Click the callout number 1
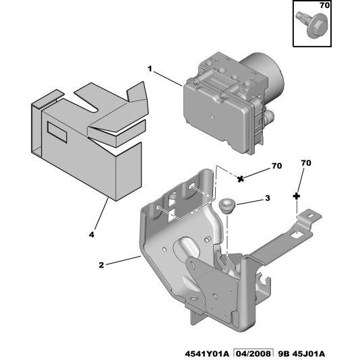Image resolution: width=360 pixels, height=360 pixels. (150, 69)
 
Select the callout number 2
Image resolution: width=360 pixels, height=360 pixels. (101, 265)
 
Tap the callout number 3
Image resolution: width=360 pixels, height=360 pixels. (268, 198)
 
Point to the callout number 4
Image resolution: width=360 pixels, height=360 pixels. (92, 235)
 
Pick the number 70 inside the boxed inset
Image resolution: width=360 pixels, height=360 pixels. (325, 5)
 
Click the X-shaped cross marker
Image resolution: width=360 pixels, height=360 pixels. (240, 179)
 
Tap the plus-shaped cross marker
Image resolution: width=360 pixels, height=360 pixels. (297, 196)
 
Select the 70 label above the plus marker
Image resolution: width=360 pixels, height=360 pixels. (306, 163)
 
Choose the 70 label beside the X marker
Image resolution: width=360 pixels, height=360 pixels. (276, 166)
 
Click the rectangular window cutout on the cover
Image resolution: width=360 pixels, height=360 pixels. (57, 132)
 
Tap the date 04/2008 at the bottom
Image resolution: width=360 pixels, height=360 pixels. (253, 354)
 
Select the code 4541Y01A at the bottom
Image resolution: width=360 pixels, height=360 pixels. (207, 354)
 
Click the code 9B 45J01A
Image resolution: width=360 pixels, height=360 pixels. (301, 354)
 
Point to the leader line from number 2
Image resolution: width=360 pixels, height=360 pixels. (123, 261)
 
